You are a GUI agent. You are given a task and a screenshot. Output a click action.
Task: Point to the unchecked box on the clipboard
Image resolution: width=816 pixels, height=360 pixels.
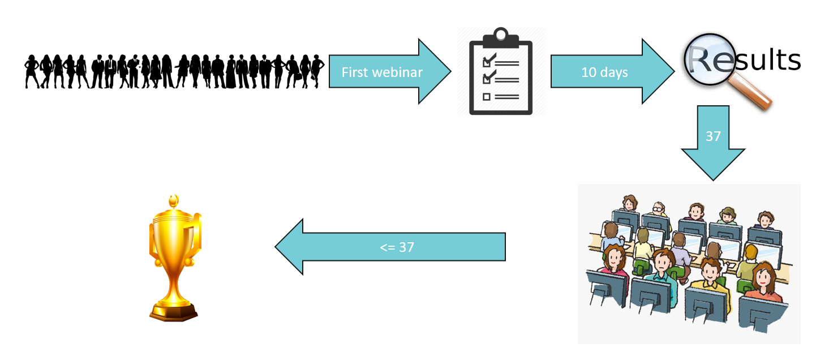[486, 97]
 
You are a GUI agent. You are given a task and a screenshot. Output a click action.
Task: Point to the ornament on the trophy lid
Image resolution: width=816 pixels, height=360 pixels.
[174, 200]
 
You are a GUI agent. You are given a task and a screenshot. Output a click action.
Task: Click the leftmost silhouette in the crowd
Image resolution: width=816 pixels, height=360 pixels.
[31, 71]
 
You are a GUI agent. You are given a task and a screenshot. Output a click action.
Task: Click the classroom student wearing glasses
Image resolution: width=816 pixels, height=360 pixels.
[659, 212]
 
